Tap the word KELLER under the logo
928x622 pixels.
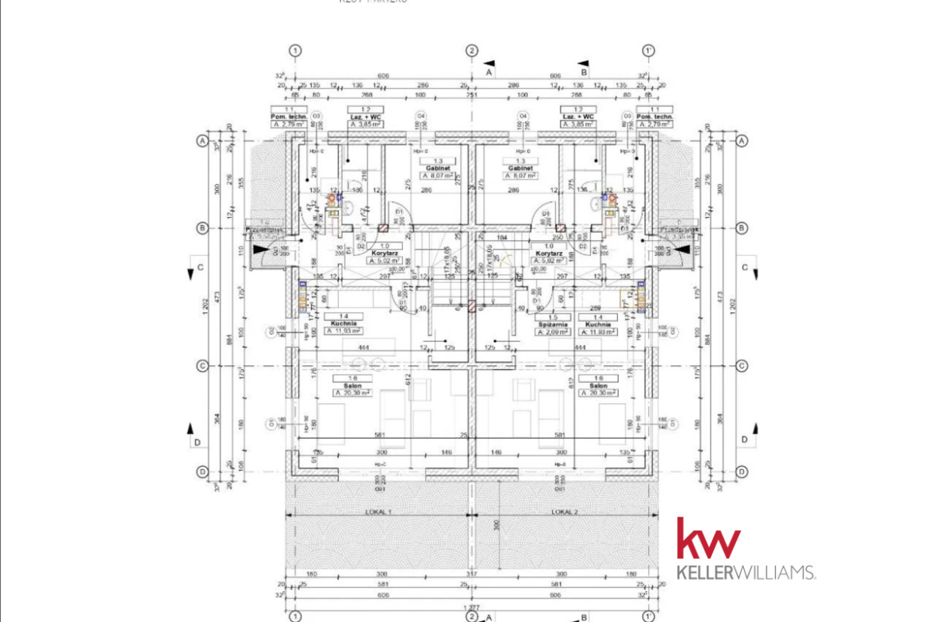[709, 572]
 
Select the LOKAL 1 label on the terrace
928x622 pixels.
[379, 513]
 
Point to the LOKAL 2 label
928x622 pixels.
[565, 513]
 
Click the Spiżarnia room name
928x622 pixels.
[554, 324]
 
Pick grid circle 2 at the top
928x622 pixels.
[472, 51]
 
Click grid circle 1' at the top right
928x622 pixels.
[648, 51]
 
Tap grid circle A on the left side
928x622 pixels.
[202, 141]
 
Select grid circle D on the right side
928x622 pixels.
[742, 471]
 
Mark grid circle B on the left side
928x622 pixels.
[202, 228]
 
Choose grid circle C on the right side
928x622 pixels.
[742, 365]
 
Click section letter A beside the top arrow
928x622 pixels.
[489, 72]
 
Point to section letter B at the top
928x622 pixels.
[585, 72]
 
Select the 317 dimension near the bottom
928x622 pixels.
[471, 574]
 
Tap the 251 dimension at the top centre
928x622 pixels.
[472, 95]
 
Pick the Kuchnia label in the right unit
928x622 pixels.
[598, 324]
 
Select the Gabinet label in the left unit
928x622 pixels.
[438, 169]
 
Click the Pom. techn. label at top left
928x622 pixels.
[289, 117]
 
